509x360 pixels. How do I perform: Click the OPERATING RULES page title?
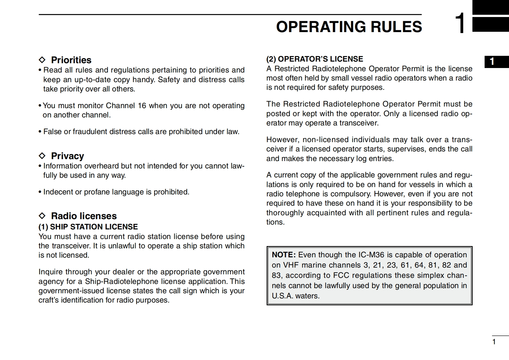tap(349, 27)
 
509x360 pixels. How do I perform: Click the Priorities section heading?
tap(71, 60)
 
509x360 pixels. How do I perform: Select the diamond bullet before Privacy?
tap(42, 156)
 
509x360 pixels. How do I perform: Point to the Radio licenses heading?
tap(84, 216)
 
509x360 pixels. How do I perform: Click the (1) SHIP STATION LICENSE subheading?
tap(88, 227)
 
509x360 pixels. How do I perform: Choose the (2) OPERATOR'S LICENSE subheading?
tap(315, 59)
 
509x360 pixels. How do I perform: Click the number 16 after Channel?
tap(142, 106)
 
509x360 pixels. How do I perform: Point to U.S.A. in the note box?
tap(282, 296)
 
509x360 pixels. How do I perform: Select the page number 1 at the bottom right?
tap(494, 342)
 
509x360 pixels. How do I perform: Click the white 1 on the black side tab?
tap(492, 62)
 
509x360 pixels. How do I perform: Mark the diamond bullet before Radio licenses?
tap(42, 216)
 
